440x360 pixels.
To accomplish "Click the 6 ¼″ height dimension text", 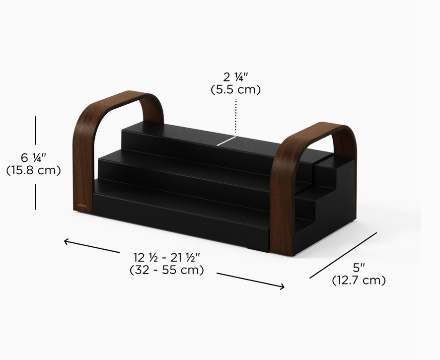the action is click(x=33, y=158).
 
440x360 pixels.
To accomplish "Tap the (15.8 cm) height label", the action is click(x=33, y=170).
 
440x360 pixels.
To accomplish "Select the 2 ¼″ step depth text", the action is click(x=236, y=77).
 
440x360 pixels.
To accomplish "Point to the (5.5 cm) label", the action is click(x=236, y=89).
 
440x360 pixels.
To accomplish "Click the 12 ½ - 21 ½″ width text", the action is click(x=166, y=257).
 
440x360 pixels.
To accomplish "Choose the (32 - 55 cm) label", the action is click(x=167, y=270).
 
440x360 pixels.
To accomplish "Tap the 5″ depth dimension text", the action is click(x=359, y=268).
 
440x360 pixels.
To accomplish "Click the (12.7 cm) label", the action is click(x=359, y=280).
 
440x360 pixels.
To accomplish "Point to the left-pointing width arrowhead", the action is click(x=68, y=241).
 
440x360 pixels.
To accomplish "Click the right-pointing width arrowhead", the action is click(x=281, y=286).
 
